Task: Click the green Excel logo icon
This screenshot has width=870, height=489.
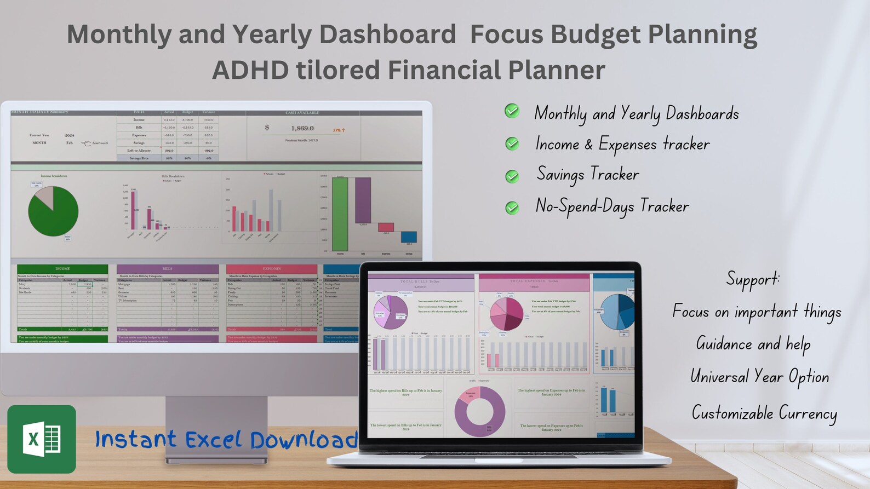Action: point(42,439)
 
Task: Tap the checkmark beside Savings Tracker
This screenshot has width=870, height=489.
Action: point(512,176)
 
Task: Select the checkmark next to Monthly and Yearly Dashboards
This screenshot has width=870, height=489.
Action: point(512,111)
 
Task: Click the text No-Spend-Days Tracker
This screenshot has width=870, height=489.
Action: point(612,206)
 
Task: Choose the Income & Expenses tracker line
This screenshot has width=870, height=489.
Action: point(622,144)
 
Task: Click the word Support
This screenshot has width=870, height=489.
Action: point(753,279)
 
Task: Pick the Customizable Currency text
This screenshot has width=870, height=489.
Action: point(764,413)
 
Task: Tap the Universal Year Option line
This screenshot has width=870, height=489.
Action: point(759,377)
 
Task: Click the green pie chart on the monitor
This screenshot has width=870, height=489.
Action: point(53,211)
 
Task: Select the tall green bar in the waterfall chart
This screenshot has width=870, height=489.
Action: point(340,214)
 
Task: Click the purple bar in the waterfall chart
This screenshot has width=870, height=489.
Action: point(363,200)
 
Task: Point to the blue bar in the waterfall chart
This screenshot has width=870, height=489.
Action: point(409,237)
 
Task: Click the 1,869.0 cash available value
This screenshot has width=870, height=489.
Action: point(302,128)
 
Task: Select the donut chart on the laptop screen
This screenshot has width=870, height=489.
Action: point(480,411)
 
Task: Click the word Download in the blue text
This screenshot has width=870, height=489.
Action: point(304,440)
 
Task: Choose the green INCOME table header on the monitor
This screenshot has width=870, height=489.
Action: point(62,269)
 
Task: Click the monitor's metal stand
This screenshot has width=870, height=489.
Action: point(216,427)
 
